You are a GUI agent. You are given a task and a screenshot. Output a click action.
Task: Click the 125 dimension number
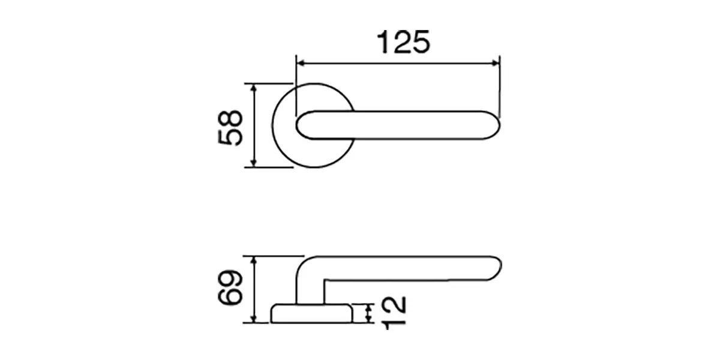[403, 42]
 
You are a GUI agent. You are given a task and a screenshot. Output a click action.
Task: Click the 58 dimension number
[230, 128]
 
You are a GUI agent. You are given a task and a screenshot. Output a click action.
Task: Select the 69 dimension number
[230, 287]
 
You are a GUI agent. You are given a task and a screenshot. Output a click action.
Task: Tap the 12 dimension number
[395, 313]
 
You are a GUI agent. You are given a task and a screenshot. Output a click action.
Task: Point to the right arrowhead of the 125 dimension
[495, 64]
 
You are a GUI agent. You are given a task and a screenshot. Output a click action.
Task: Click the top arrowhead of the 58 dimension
[254, 88]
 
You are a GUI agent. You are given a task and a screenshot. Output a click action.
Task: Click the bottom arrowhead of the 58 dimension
[254, 163]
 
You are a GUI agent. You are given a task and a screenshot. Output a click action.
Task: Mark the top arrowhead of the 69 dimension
[254, 260]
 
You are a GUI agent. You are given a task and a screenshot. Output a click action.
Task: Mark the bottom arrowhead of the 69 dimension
[254, 318]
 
